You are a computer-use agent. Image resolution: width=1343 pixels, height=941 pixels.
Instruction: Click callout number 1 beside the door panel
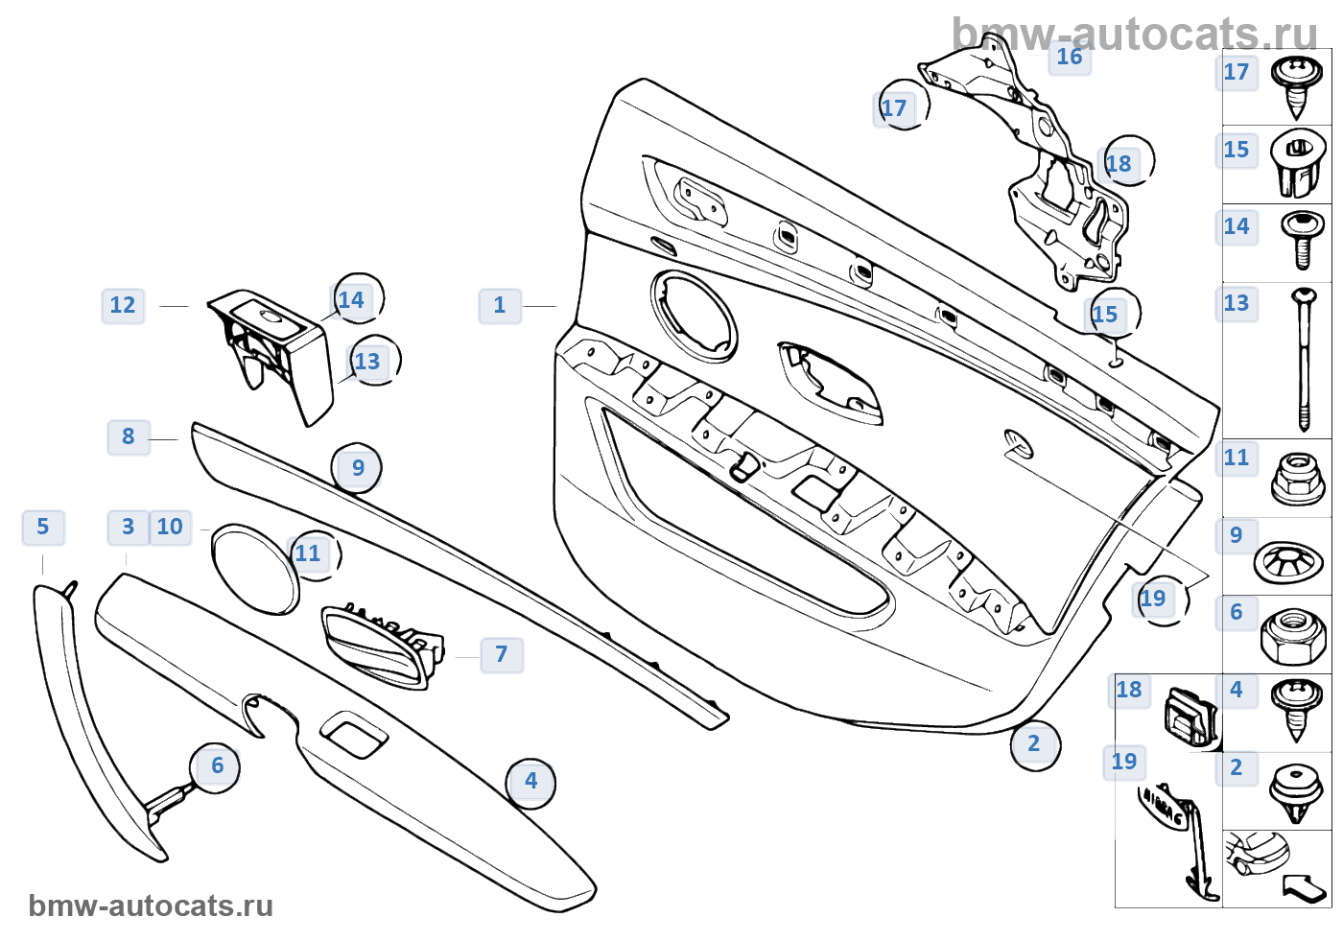tap(500, 306)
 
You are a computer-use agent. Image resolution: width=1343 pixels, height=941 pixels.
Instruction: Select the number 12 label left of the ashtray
tap(123, 306)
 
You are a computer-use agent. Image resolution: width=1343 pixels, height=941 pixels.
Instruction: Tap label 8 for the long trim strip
tap(129, 437)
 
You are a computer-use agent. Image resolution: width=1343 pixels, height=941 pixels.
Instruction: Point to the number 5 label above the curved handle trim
tap(43, 528)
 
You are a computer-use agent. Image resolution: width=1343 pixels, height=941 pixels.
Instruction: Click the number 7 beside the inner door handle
tap(502, 655)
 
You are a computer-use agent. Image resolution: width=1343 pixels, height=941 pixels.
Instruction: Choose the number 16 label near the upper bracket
tap(1069, 58)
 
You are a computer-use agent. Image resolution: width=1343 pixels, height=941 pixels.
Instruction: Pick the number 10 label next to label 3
tap(170, 528)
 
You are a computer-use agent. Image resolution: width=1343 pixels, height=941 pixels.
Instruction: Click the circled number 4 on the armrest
tap(530, 782)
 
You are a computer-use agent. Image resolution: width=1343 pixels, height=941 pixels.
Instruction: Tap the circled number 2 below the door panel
tap(1034, 744)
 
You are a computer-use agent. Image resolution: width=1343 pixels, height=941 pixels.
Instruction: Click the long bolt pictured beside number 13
tap(1303, 360)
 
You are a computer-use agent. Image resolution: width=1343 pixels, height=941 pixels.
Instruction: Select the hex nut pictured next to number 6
tap(1294, 636)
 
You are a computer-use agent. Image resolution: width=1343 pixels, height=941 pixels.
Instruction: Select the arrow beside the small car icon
tap(1304, 887)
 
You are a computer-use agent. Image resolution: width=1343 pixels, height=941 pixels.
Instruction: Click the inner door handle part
tap(379, 647)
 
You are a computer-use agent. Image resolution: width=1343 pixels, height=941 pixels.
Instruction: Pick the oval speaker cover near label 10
tap(255, 568)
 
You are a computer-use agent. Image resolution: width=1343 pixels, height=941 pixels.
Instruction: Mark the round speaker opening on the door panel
tap(694, 316)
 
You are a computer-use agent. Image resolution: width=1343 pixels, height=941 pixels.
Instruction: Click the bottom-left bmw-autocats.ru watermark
tap(151, 906)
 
